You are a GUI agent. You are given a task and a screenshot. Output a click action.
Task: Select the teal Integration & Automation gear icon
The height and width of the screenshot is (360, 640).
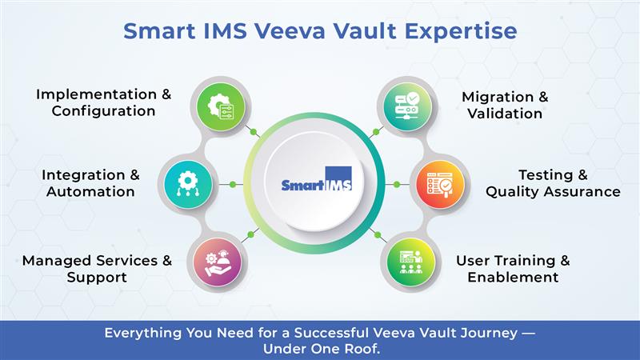pos(187,184)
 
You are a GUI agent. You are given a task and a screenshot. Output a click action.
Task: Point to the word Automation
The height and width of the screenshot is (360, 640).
pos(90,192)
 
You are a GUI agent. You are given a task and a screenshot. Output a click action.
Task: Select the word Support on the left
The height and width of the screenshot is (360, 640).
pos(97,278)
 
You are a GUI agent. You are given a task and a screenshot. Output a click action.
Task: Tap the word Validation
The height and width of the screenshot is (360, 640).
pos(505,114)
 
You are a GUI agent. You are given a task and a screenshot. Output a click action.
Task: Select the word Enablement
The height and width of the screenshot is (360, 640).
pos(513,278)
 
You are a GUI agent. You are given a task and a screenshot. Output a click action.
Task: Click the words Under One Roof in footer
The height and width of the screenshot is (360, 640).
pos(320,348)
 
